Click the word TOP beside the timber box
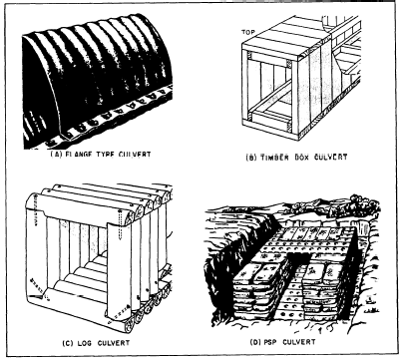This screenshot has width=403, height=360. tap(248, 32)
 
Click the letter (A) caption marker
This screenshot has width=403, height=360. tap(56, 155)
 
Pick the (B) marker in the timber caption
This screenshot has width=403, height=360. tap(251, 158)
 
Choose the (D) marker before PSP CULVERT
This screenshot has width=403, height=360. tap(254, 342)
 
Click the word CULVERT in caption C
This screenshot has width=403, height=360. tap(114, 343)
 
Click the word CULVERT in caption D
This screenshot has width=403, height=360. tap(298, 342)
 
